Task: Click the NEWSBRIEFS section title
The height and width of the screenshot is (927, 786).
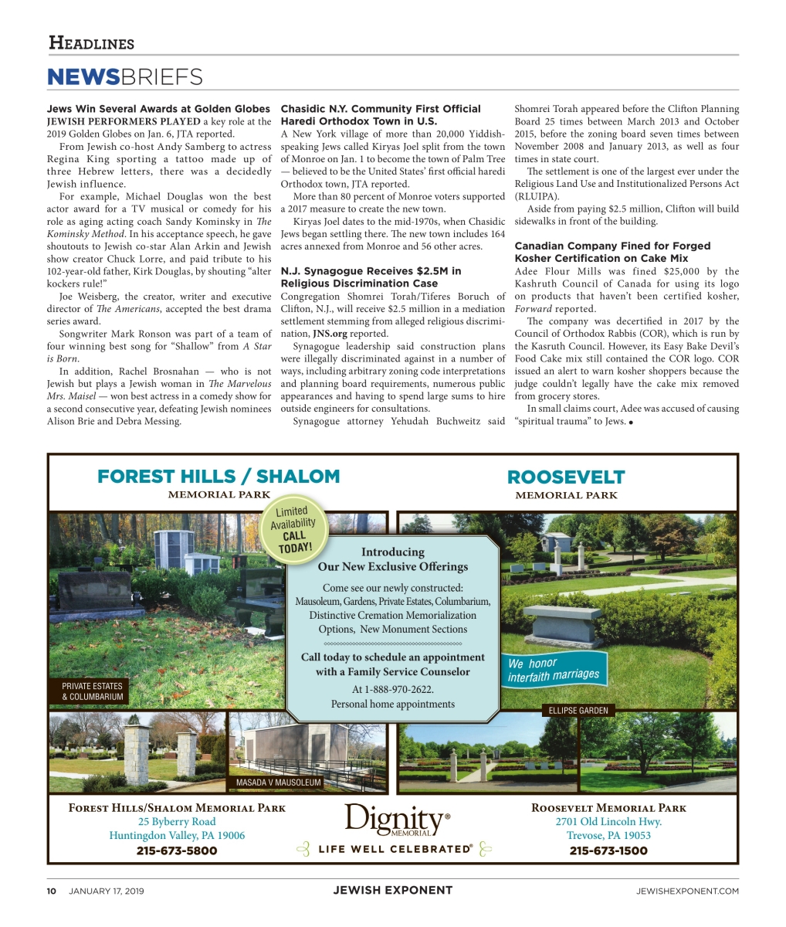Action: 124,76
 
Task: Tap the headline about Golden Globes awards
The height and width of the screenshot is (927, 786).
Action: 158,109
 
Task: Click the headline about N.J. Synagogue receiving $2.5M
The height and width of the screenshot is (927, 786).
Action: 371,277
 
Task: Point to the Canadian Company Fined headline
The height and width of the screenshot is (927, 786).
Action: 612,252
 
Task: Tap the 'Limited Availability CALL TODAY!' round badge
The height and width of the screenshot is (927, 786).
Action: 293,529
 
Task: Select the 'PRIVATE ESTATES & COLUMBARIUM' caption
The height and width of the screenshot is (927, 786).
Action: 92,691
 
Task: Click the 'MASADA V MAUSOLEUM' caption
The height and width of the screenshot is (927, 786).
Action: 279,783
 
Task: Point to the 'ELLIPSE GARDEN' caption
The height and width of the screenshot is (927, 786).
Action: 578,710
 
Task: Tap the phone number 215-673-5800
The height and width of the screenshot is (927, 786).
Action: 177,851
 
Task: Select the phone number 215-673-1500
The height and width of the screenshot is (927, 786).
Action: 608,851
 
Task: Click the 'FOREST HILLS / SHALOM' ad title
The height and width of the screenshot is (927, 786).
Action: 219,476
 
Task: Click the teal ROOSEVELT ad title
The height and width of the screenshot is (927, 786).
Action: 566,477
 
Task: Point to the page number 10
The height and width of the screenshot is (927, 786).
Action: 52,891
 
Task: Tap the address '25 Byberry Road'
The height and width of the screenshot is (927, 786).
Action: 177,821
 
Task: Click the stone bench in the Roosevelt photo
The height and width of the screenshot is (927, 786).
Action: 562,623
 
